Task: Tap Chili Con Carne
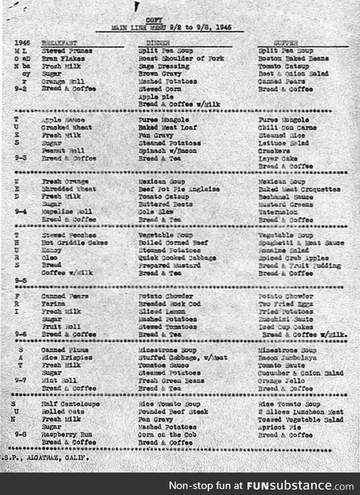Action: pyautogui.click(x=284, y=127)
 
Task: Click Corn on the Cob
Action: pyautogui.click(x=165, y=434)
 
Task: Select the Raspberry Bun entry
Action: pyautogui.click(x=67, y=434)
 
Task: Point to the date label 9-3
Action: pyautogui.click(x=21, y=158)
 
